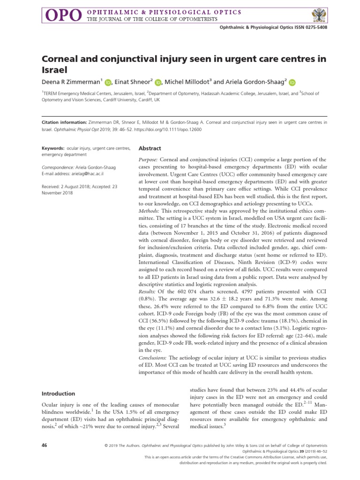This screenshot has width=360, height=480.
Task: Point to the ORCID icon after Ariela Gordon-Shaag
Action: [x=292, y=82]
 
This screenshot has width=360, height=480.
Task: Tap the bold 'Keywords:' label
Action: [x=52, y=149]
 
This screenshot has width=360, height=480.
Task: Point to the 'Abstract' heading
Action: [x=150, y=148]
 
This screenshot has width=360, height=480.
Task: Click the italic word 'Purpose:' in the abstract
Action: [x=150, y=160]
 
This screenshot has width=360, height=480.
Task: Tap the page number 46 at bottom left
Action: [x=45, y=444]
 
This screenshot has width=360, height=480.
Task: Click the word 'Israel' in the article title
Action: [x=55, y=70]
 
